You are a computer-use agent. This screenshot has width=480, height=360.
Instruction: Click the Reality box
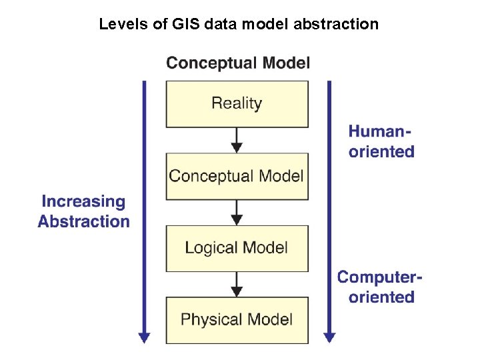[237, 103]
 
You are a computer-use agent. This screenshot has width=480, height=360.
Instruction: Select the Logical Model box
[237, 248]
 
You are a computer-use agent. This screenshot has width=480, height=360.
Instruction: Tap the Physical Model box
[237, 320]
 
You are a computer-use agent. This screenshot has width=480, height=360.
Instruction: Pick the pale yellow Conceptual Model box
[237, 176]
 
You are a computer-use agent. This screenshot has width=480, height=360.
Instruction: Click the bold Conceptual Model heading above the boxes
[238, 63]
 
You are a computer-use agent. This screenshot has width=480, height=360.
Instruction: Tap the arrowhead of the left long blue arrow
[144, 337]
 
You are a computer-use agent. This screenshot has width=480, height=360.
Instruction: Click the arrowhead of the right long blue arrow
[328, 337]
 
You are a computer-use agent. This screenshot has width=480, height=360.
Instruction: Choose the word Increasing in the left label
[83, 201]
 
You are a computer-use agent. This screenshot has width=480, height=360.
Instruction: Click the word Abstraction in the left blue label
[83, 221]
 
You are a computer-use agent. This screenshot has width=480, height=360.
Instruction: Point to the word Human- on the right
[381, 131]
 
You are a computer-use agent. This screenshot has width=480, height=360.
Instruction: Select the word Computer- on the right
[380, 277]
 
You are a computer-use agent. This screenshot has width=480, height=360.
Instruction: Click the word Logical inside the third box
[209, 248]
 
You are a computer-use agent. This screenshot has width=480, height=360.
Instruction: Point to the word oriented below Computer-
[381, 297]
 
